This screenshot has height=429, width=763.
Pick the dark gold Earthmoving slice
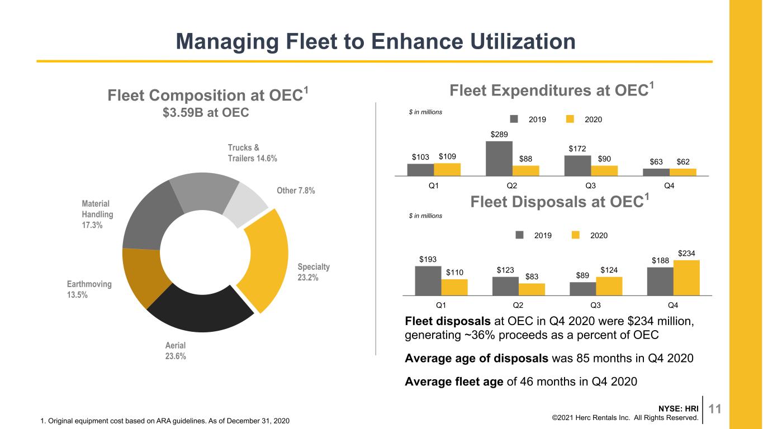143,276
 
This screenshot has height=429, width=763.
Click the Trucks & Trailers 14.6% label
253,153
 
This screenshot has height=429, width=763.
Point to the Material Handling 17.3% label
97,214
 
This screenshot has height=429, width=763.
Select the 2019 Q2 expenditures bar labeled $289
499,159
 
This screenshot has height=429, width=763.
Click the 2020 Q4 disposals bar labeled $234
686,278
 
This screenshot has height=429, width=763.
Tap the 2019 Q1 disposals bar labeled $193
428,280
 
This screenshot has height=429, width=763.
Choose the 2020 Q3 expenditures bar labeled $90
604,170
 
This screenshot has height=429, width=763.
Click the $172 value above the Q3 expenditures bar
577,149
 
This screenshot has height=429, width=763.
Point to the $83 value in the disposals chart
532,277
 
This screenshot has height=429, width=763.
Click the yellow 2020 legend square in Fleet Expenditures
570,119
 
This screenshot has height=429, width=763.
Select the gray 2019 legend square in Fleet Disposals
519,235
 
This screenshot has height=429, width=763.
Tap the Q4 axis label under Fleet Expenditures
669,185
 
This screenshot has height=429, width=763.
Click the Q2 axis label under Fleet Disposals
518,305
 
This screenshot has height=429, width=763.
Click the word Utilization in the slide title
523,41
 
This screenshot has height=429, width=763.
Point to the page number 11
714,408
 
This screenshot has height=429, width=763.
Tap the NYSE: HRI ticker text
678,408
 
